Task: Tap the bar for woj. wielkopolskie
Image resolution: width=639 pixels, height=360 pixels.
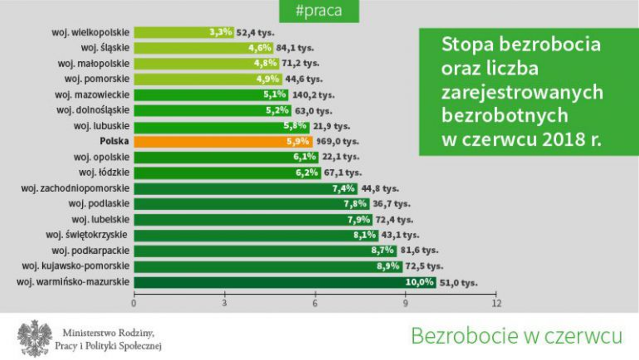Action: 170,32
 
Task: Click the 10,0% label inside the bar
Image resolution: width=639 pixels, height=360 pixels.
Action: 419,282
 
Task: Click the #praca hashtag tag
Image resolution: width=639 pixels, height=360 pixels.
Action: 319,11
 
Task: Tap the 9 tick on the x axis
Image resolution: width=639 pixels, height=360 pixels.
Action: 406,304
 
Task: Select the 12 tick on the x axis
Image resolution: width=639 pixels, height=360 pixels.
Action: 496,304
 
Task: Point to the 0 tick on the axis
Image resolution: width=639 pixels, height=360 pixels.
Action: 134,304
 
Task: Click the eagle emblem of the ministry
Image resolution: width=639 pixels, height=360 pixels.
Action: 35,338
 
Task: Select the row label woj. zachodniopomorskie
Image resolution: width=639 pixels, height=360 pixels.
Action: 75,188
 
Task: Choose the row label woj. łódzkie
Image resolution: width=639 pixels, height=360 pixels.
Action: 104,173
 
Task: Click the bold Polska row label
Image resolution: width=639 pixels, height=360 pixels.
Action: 114,142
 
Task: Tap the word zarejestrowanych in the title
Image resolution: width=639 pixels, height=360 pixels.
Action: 522,92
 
